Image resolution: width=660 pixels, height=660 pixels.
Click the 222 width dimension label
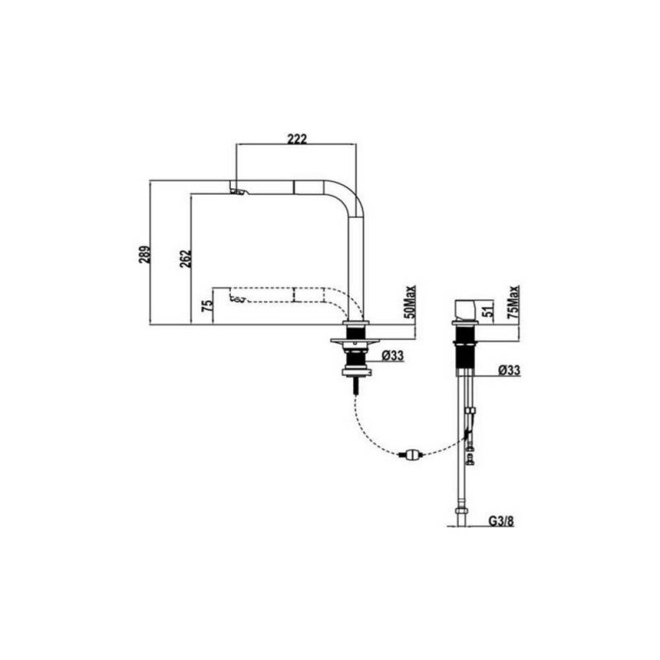point(297,139)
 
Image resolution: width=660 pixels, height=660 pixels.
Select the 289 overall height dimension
point(144,254)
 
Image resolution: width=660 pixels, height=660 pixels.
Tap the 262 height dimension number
point(185,258)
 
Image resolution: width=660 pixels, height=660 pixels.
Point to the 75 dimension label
point(207,305)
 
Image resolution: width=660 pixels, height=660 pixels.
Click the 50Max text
point(409,301)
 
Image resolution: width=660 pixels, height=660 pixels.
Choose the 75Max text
point(513,301)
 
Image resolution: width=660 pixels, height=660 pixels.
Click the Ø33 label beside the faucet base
point(393,356)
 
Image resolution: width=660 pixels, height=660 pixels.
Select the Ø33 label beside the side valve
point(509,370)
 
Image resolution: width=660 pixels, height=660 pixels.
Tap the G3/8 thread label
point(502,521)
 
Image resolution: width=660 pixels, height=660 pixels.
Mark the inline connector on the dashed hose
point(411,455)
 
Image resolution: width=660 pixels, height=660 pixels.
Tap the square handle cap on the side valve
point(466,310)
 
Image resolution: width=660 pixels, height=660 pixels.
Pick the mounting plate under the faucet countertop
point(355,341)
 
